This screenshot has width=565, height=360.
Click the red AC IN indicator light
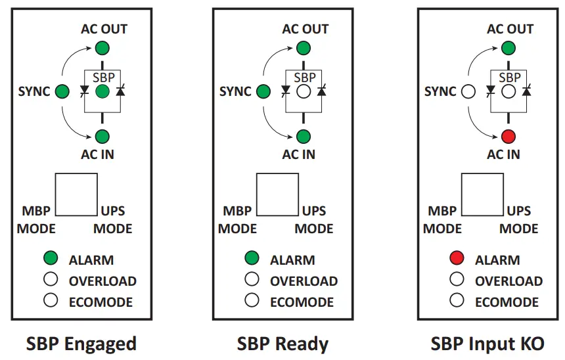click(508, 137)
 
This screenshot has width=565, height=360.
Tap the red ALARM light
click(458, 259)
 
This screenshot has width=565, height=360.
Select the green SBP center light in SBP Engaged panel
click(102, 92)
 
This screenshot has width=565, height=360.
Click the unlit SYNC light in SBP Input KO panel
click(468, 92)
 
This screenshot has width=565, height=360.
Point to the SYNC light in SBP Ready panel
click(263, 92)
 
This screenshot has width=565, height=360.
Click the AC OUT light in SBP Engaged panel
click(102, 47)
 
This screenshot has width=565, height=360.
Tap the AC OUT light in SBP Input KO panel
click(508, 47)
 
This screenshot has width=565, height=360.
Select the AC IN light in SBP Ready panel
click(303, 137)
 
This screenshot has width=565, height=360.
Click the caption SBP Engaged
click(81, 344)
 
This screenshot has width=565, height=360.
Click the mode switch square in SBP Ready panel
click(277, 194)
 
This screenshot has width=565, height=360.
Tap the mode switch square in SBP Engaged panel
click(76, 194)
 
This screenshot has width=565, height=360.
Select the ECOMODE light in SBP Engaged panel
click(51, 301)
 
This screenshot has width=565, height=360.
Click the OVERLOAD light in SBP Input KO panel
click(458, 280)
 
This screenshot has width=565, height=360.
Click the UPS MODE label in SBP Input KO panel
click(518, 220)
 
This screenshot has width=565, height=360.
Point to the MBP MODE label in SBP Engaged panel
click(37, 220)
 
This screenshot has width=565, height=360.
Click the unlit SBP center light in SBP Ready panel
click(303, 92)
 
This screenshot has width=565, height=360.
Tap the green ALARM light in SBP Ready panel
click(252, 259)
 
